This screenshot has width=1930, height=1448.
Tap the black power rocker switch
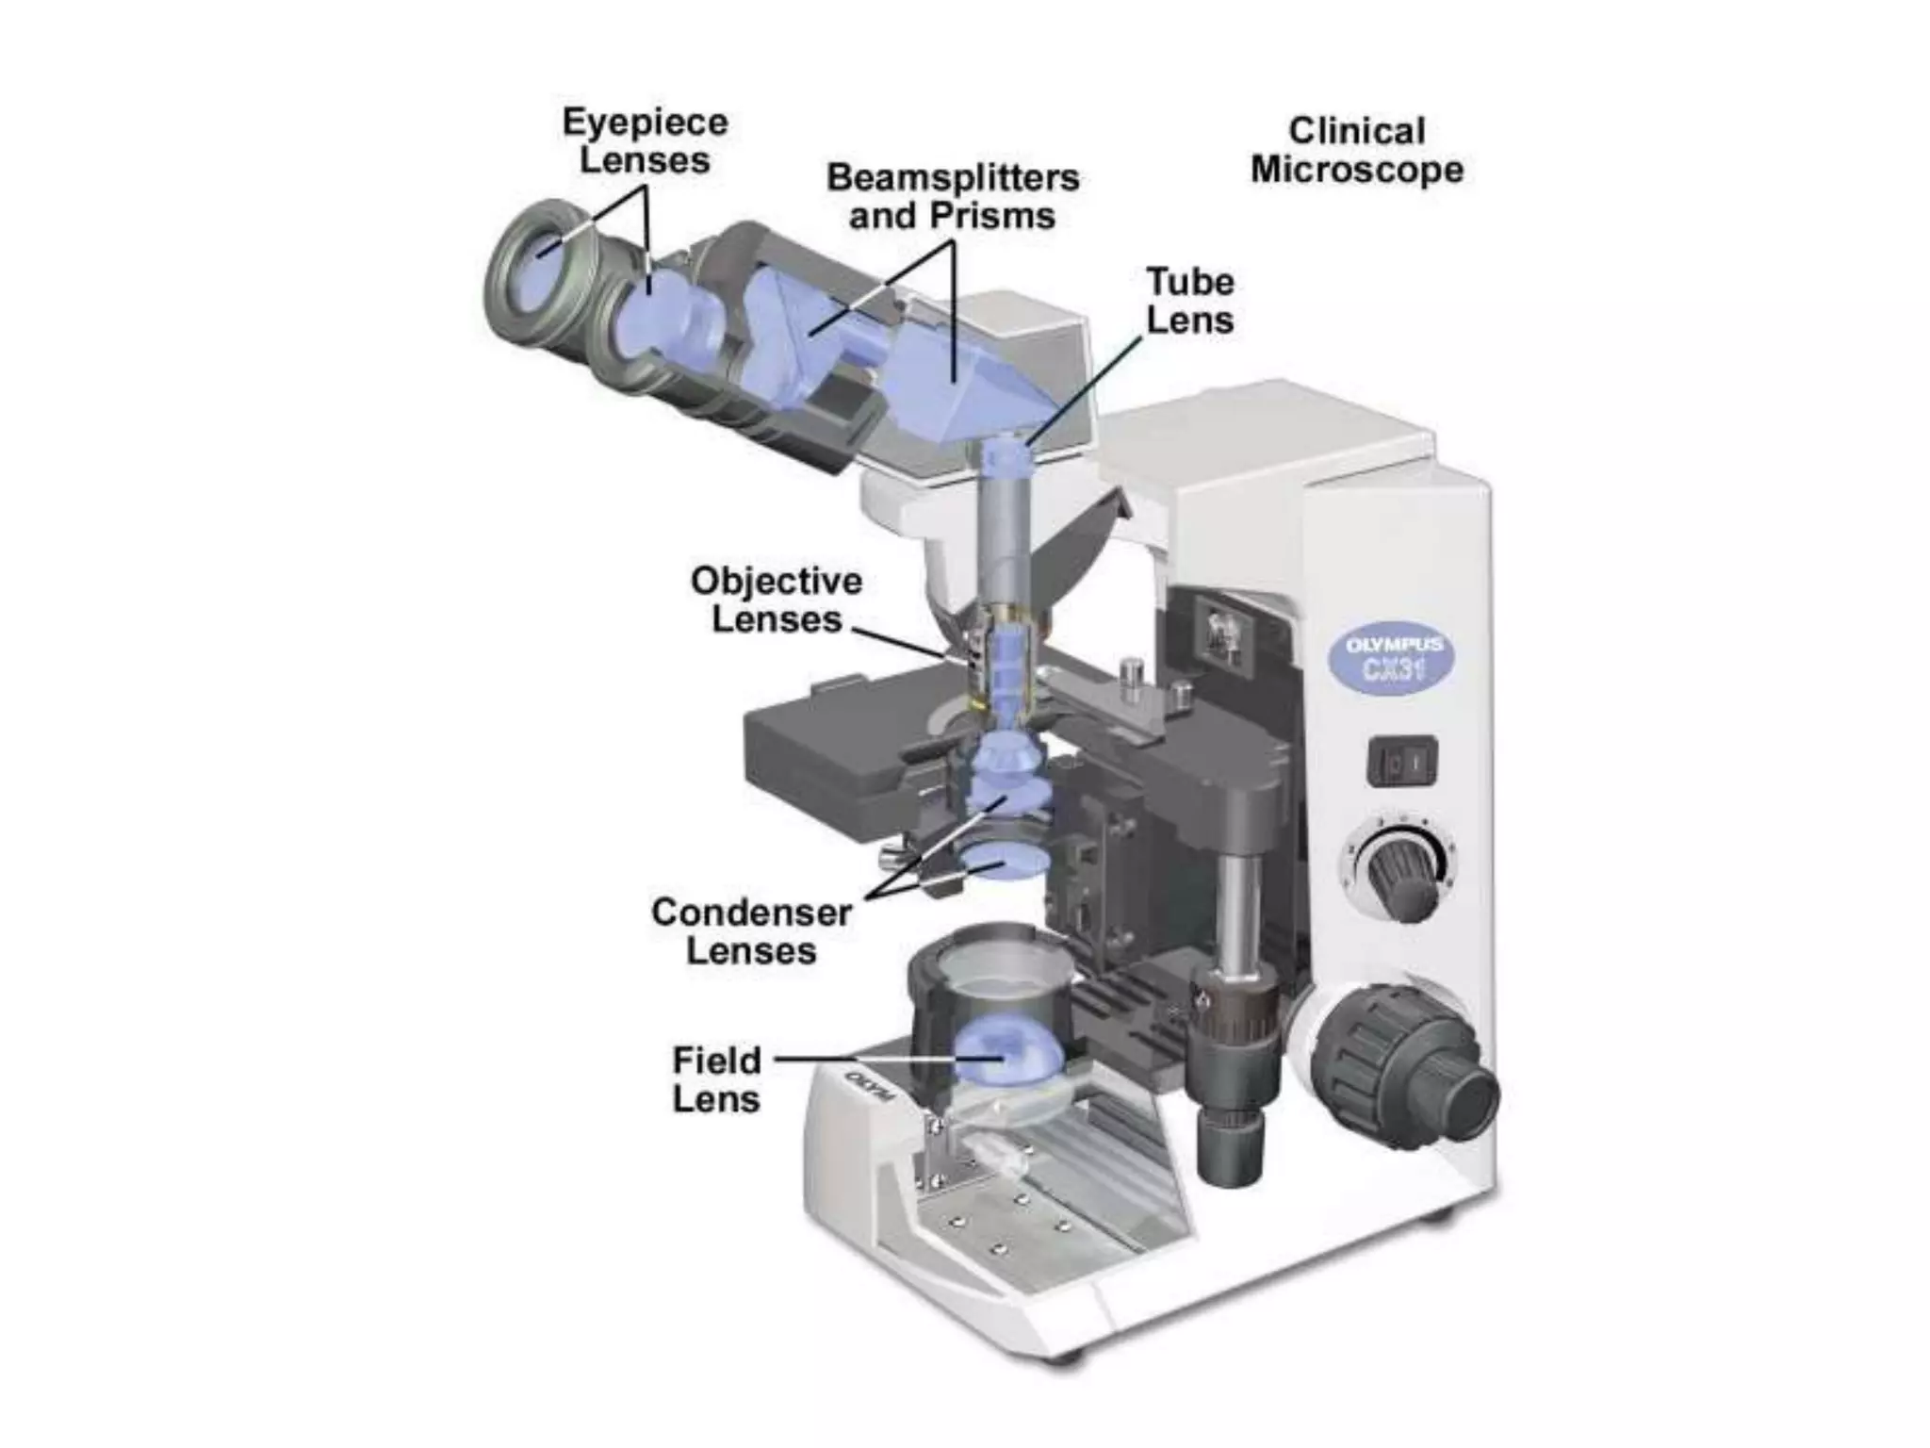pos(1402,761)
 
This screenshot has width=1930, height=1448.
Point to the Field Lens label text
pos(716,1079)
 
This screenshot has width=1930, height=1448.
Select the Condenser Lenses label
pos(751,930)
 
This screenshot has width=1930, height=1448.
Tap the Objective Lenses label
pos(776,600)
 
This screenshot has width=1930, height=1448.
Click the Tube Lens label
pos(1189,301)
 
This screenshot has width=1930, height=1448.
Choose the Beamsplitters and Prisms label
pos(952,196)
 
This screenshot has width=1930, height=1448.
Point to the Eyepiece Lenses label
pos(646,140)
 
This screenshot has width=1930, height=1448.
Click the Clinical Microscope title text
pos(1356,151)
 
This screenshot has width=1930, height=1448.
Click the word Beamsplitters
pos(952,177)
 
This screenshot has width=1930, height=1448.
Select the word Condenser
pos(751,912)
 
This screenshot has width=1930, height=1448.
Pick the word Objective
pos(776,581)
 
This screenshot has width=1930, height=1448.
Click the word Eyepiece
pos(646,122)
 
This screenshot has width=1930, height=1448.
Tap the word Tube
pos(1189,282)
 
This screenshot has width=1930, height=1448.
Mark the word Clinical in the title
pos(1356,131)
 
